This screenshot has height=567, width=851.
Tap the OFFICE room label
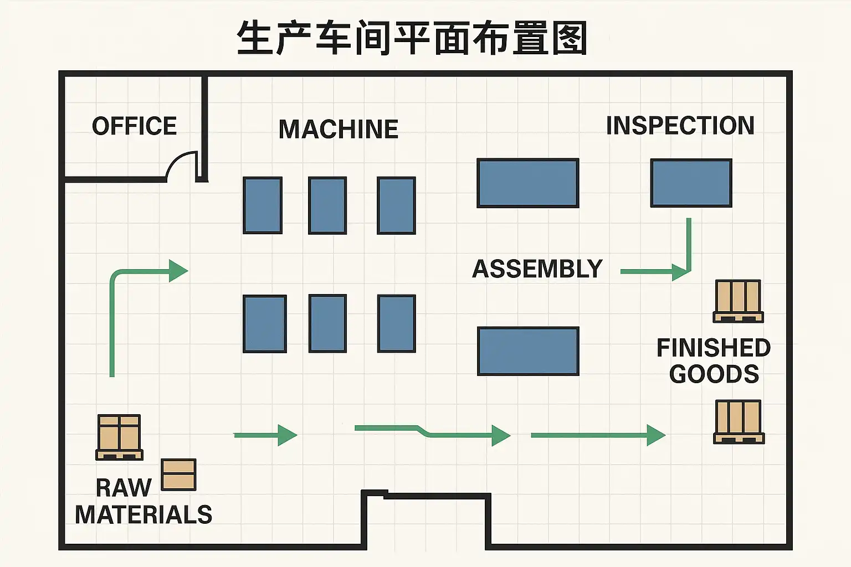(x=134, y=126)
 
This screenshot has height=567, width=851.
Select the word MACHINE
(x=338, y=130)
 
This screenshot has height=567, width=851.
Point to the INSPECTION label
(x=680, y=126)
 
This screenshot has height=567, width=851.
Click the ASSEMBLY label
(x=537, y=269)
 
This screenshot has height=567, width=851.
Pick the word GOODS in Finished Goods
(x=714, y=374)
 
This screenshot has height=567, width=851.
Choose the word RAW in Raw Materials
(x=124, y=488)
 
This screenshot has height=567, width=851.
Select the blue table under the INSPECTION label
(x=691, y=183)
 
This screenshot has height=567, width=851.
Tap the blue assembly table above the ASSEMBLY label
(x=527, y=183)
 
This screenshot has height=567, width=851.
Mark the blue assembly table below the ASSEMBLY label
(x=528, y=351)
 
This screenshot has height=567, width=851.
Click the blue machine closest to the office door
(x=263, y=205)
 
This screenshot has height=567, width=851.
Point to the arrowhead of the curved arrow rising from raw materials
(x=178, y=271)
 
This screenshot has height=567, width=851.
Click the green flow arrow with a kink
(x=432, y=432)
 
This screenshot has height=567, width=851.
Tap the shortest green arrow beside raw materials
(x=266, y=435)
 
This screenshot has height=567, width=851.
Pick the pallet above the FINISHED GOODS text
(x=738, y=301)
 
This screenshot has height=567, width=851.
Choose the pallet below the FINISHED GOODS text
(x=739, y=421)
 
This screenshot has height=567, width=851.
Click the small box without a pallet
(x=178, y=475)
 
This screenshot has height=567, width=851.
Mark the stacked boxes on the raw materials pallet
(x=119, y=433)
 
